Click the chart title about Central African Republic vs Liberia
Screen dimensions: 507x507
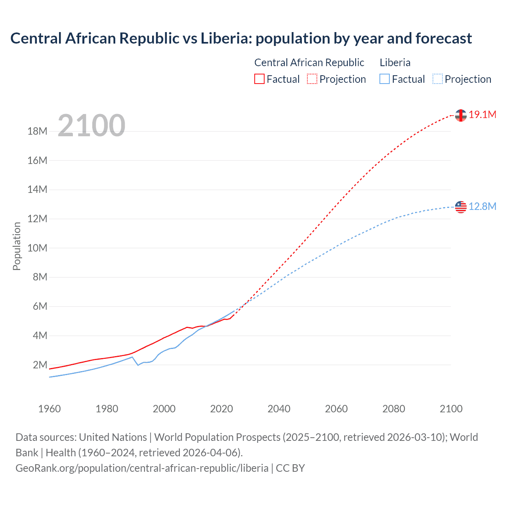tap(241, 38)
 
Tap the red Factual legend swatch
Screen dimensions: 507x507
tap(259, 79)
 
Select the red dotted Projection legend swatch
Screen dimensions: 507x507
tap(312, 79)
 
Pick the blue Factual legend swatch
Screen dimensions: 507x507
tap(385, 79)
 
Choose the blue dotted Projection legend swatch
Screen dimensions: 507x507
tap(437, 79)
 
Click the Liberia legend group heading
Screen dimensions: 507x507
tap(395, 63)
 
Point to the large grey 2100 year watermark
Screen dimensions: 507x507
tap(91, 126)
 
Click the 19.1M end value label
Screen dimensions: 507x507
tap(482, 115)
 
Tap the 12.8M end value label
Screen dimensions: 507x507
tap(482, 206)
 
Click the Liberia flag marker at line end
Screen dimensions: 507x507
tap(461, 207)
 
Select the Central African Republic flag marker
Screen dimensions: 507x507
tap(461, 115)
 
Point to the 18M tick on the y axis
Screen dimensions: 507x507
tap(37, 132)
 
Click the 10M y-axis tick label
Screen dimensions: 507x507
tap(37, 248)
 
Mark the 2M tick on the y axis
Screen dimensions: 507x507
tap(40, 365)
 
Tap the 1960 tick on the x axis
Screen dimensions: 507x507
tap(50, 409)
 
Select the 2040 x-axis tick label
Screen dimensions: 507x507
tap(279, 409)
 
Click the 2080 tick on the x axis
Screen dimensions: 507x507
tap(394, 409)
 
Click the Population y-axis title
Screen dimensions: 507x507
tap(17, 246)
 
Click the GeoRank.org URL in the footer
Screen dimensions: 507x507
tap(142, 468)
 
